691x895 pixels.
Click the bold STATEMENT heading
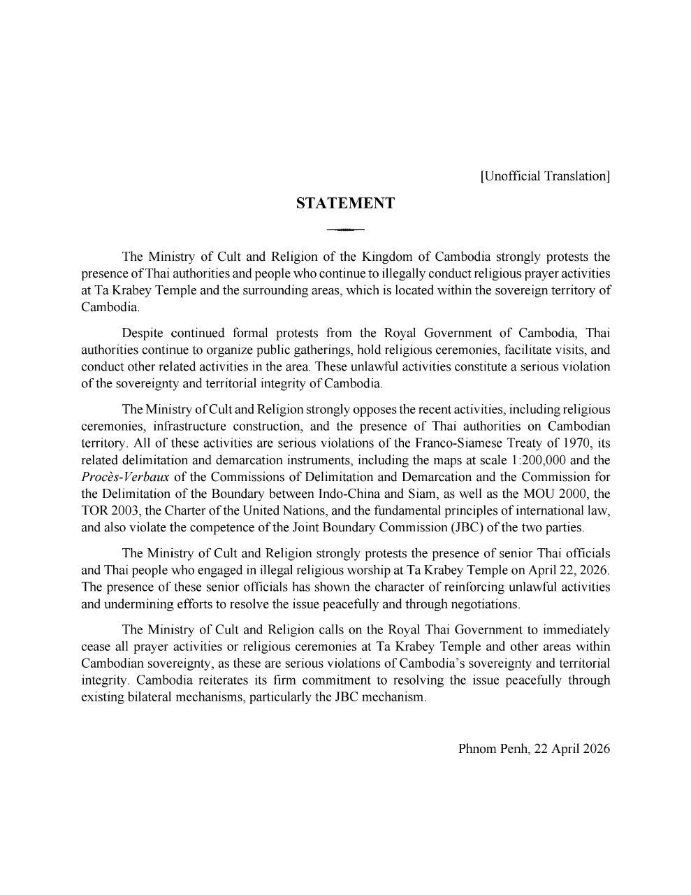click(x=345, y=203)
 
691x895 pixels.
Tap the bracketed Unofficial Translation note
click(x=545, y=176)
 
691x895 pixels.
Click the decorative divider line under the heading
click(x=345, y=229)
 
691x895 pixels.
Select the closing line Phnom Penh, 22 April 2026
click(x=534, y=749)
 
